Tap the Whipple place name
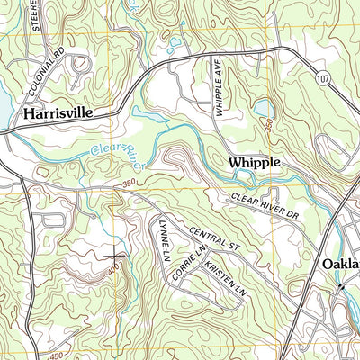pos(255,162)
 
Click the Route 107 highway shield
pos(321,79)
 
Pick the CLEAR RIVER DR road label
pos(264,206)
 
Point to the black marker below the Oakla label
pos(341,286)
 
